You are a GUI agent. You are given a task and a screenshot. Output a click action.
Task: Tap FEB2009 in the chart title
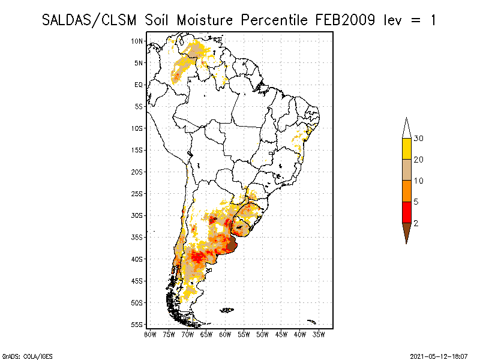coord(344,20)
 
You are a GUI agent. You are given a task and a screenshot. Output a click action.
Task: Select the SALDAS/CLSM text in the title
coord(91,20)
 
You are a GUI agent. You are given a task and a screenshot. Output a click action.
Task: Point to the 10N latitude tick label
coord(137,41)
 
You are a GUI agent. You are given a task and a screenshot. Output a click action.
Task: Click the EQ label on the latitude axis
coord(139,85)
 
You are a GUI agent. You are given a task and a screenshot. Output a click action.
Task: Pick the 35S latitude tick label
coord(137,237)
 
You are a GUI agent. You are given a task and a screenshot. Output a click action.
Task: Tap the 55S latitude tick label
coord(137,325)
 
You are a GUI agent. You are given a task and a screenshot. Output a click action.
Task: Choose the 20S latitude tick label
coord(137,172)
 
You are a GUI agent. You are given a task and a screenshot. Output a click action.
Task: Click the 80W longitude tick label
coord(150,334)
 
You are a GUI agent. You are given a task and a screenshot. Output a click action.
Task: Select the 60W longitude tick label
coord(225,334)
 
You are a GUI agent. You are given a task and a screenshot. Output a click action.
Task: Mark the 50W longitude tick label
coord(262,334)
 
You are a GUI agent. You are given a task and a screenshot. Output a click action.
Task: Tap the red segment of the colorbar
coord(406,212)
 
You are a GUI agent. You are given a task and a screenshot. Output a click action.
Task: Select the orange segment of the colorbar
coord(406,191)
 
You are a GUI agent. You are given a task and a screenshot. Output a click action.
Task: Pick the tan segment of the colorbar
coord(406,170)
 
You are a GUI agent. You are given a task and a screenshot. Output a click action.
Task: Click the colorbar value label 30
coord(419,139)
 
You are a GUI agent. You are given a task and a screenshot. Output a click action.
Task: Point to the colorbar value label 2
coord(416,223)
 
